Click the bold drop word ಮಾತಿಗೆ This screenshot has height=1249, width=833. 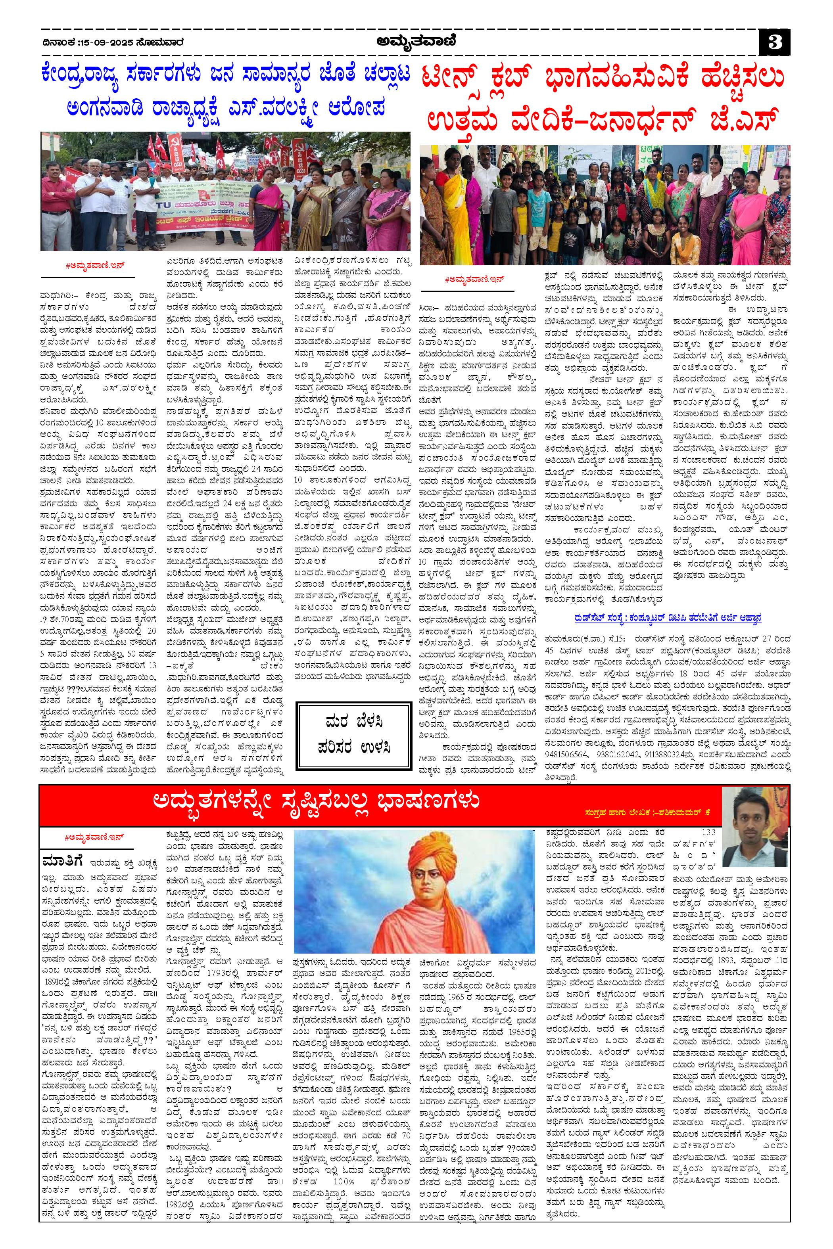click(x=61, y=846)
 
